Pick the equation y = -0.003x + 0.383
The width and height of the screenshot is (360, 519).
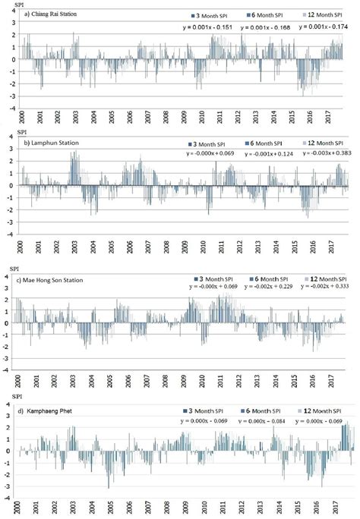[x=324, y=153]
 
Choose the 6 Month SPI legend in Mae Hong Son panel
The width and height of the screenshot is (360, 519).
[x=266, y=278]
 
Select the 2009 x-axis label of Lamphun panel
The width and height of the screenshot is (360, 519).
[x=185, y=247]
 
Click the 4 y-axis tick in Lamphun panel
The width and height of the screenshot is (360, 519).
[x=9, y=137]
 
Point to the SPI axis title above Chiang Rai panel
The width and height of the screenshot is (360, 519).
[x=11, y=3]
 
